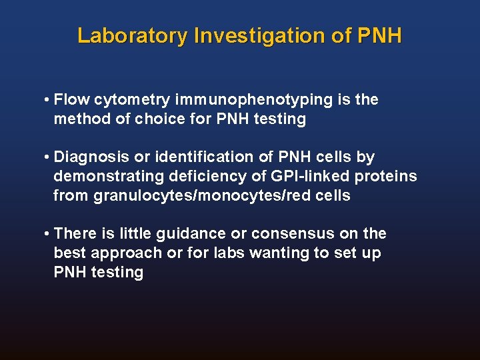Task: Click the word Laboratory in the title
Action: (x=132, y=35)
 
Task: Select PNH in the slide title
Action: (x=379, y=35)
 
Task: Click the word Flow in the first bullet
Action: (x=72, y=100)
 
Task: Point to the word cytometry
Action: (x=132, y=100)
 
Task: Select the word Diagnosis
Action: (x=91, y=157)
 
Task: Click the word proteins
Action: (x=386, y=177)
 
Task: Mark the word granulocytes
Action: (x=131, y=196)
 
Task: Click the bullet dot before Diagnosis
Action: (x=46, y=157)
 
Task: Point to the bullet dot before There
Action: (x=46, y=234)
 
